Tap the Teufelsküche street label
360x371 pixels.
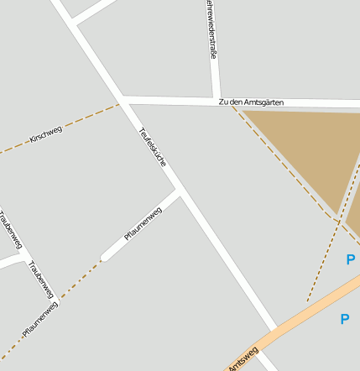(152, 146)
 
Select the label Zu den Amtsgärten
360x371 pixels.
(251, 102)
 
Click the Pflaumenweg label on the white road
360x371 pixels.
(143, 223)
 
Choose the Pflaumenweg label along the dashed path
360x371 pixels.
(40, 320)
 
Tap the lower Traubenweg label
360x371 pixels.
(40, 280)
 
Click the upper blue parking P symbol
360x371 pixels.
(350, 260)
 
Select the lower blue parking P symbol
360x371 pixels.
(344, 319)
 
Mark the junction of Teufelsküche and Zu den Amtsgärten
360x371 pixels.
(123, 102)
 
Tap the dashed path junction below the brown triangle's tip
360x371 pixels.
(339, 221)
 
